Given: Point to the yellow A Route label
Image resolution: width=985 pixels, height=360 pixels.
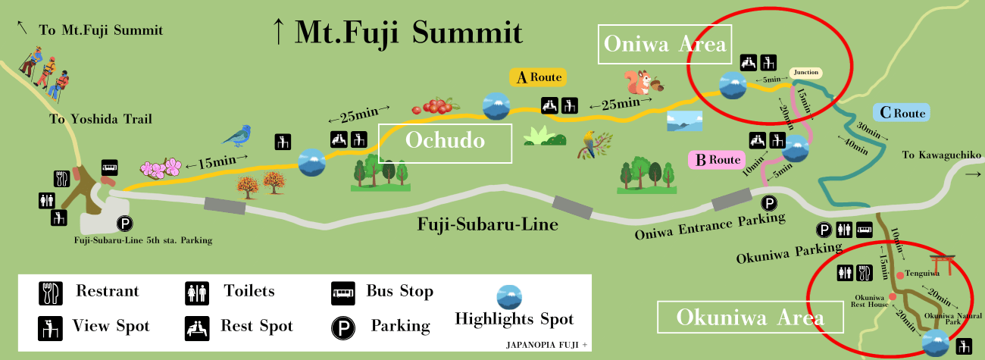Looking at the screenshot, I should pyautogui.click(x=537, y=77).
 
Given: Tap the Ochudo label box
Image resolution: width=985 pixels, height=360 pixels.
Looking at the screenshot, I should pyautogui.click(x=445, y=142).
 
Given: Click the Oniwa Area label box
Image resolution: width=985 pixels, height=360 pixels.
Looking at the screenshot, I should pyautogui.click(x=664, y=45).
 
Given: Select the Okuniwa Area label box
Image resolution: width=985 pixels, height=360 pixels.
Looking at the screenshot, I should pyautogui.click(x=739, y=317).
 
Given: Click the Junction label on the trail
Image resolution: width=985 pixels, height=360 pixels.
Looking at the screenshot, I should pyautogui.click(x=805, y=73).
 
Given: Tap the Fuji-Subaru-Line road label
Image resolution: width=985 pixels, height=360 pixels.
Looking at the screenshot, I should pyautogui.click(x=488, y=225).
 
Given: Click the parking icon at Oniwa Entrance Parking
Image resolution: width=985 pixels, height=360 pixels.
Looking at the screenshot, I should pyautogui.click(x=769, y=203).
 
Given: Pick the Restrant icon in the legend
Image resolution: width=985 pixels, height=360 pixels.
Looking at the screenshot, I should pyautogui.click(x=49, y=291).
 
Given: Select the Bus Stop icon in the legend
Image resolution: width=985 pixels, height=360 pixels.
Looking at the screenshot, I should pyautogui.click(x=342, y=291).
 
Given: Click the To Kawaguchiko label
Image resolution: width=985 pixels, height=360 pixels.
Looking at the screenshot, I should pyautogui.click(x=942, y=155).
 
